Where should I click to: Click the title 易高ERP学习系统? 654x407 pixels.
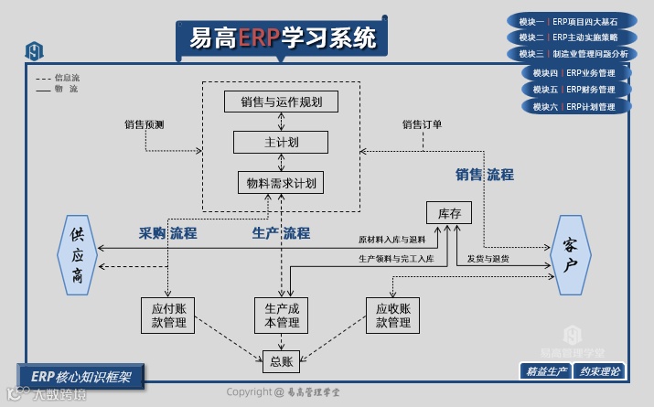(x=282, y=38)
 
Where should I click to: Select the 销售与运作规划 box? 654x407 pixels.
(x=282, y=102)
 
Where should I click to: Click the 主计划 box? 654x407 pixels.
(x=282, y=143)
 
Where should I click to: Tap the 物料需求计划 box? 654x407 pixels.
(x=282, y=183)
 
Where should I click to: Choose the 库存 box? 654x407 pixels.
(x=448, y=213)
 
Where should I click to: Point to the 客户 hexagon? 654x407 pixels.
(x=570, y=255)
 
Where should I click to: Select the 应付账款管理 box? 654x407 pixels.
(x=168, y=315)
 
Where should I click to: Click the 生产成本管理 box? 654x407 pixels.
(x=282, y=315)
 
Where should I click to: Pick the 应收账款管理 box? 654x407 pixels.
(x=392, y=315)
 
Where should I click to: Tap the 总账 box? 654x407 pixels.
(x=281, y=361)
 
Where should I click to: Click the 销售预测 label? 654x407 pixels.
(x=145, y=124)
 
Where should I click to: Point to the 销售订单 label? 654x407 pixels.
(x=422, y=124)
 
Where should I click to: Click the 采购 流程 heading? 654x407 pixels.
(x=167, y=233)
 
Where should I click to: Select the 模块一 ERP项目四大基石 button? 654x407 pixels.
(x=568, y=21)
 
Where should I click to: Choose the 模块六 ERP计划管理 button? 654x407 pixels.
(x=575, y=106)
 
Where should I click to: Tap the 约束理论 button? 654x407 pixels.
(x=600, y=371)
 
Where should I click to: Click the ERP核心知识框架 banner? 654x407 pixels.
(x=80, y=375)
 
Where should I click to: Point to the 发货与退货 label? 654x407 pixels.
(x=488, y=259)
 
